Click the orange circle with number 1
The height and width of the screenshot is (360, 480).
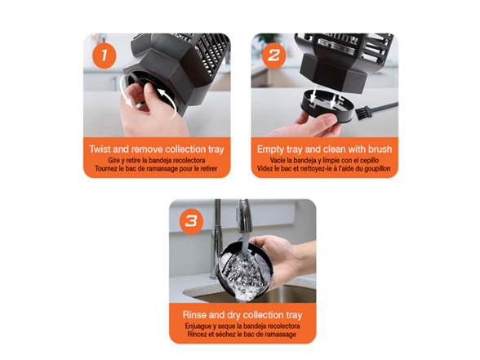(x=104, y=56)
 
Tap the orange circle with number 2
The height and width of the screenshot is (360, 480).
(x=273, y=56)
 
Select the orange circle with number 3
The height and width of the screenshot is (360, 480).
(x=191, y=221)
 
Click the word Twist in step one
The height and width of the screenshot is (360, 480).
(x=100, y=149)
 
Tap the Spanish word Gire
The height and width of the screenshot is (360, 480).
(x=113, y=160)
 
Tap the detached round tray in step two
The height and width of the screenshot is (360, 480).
(x=327, y=106)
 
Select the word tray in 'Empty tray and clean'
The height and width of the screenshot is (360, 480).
(x=295, y=149)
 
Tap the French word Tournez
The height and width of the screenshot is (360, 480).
(x=106, y=169)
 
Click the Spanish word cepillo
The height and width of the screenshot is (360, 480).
(x=369, y=160)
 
